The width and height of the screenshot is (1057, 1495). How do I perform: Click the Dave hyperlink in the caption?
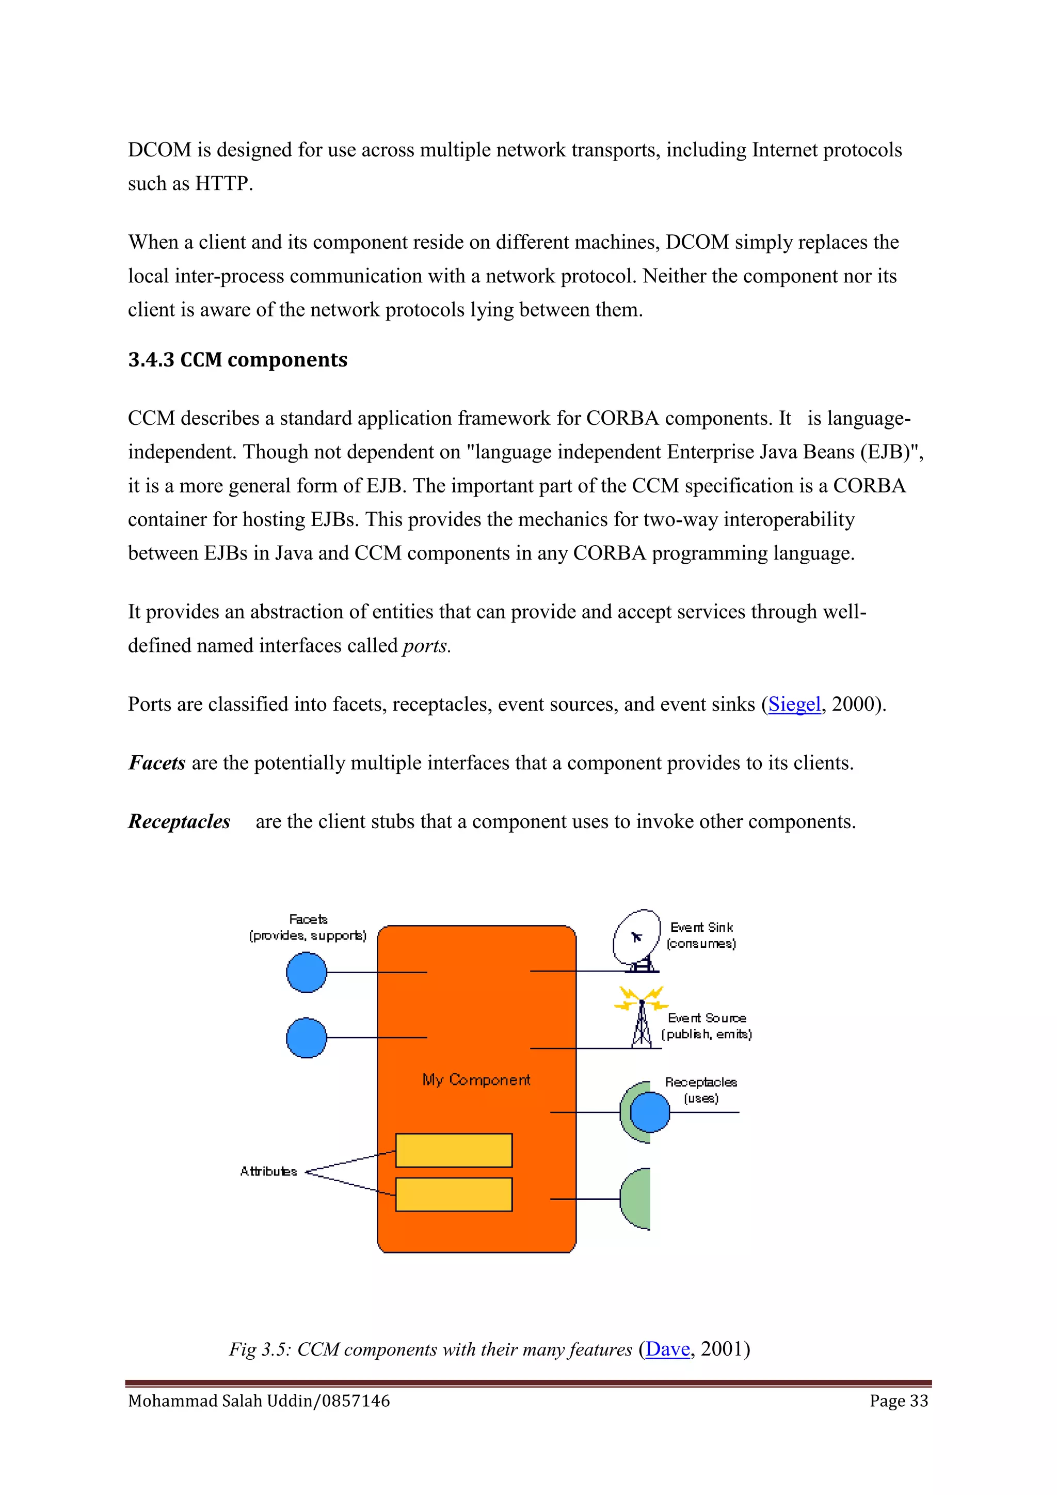coord(667,1348)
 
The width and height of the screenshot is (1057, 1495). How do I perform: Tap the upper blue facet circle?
coord(307,972)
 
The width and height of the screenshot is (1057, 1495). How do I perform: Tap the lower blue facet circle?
coord(307,1037)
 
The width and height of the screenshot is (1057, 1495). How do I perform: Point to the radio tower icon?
coord(642,1016)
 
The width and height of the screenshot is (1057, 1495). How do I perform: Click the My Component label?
coord(476,1079)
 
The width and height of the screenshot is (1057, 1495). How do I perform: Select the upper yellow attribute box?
coord(454,1151)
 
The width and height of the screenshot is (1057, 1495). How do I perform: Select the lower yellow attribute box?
coord(454,1194)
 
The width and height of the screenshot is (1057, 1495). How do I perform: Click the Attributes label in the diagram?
coord(268,1171)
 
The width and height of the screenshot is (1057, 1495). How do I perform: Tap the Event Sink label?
coord(701,927)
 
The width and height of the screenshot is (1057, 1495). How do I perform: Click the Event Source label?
coord(707,1017)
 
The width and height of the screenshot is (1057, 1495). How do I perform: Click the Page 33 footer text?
coord(899,1401)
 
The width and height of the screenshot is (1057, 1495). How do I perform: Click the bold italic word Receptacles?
coord(179,822)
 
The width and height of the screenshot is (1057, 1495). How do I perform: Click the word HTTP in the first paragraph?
coord(222,184)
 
